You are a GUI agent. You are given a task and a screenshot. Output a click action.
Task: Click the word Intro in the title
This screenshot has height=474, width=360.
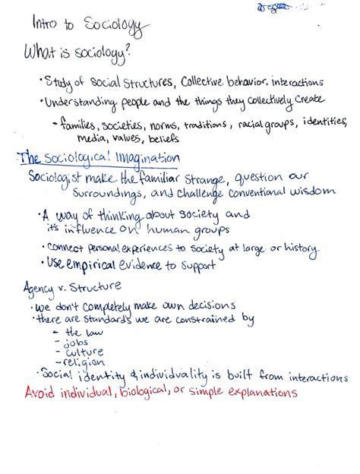click(x=45, y=24)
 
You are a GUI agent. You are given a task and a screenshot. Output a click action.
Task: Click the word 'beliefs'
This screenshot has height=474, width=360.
click(x=182, y=139)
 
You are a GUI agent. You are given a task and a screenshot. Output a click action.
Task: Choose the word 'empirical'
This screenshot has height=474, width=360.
click(x=101, y=264)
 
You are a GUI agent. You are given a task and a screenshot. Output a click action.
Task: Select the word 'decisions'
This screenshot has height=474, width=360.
click(x=212, y=305)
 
